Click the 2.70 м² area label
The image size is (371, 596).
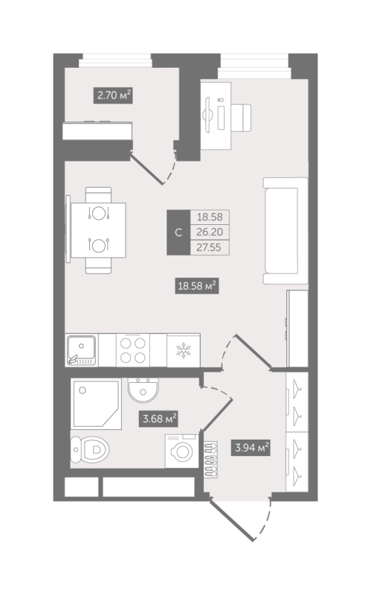click(x=114, y=95)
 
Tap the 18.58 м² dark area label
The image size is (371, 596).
click(x=197, y=285)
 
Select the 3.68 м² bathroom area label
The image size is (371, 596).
click(x=158, y=419)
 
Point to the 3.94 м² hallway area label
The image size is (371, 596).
click(x=251, y=448)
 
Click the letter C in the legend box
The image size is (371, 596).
click(x=178, y=232)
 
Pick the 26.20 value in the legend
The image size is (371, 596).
click(x=210, y=232)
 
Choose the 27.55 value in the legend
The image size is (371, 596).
click(x=210, y=247)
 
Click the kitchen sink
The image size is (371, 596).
click(x=82, y=350)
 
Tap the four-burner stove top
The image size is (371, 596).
click(x=133, y=350)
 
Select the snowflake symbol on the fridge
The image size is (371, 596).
click(x=183, y=350)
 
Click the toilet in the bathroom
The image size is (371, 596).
click(x=89, y=449)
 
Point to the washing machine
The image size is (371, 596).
click(x=181, y=451)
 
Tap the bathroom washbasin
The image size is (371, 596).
click(x=143, y=390)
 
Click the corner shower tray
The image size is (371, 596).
click(x=96, y=404)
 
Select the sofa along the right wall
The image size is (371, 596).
click(x=285, y=231)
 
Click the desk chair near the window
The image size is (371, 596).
click(x=241, y=118)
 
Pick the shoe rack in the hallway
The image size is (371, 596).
click(x=211, y=460)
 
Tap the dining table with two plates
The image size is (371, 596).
click(x=98, y=230)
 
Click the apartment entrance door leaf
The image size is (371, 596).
click(x=231, y=520)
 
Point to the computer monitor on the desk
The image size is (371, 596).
click(x=208, y=115)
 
